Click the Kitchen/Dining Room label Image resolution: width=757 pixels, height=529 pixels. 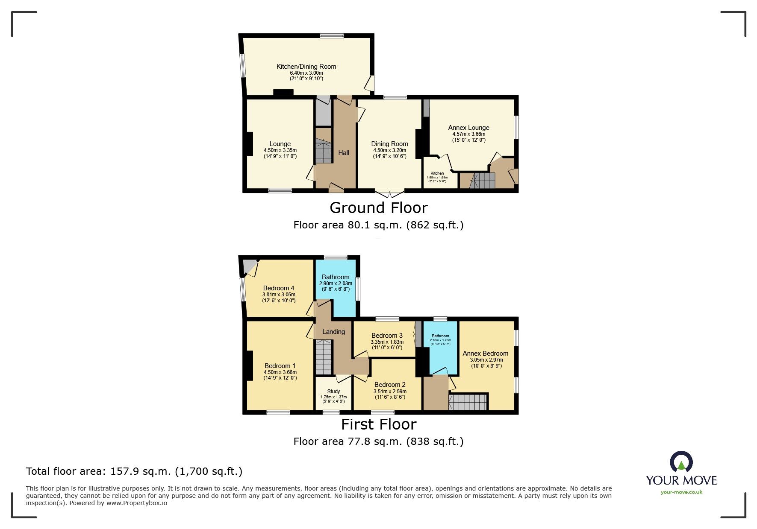pos(306,67)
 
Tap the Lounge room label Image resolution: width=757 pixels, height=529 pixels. pos(280,144)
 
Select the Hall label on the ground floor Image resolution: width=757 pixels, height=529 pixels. pos(344,153)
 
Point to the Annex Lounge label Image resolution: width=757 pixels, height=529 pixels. pos(468,128)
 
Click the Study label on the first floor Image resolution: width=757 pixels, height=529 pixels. pos(333,392)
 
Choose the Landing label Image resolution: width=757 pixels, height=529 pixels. pos(333,332)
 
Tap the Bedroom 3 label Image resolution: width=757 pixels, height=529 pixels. pos(387,336)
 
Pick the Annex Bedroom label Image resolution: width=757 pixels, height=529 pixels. pos(485,354)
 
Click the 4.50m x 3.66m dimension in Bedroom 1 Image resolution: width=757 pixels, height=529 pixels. pos(280,372)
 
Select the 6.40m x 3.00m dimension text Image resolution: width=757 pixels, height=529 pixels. pos(306,73)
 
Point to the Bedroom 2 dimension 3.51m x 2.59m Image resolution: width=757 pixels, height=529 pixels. pos(390,391)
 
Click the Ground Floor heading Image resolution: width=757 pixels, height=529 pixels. pos(378,208)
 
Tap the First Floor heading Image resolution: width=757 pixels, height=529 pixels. pos(378,424)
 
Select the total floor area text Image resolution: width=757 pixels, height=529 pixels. pos(134,471)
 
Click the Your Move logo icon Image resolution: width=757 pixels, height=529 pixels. pos(681,463)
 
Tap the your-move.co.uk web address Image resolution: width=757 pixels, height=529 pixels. pos(681,492)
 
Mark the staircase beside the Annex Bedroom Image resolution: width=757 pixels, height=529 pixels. pos(468,402)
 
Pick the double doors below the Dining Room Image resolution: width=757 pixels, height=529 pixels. pos(389,194)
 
